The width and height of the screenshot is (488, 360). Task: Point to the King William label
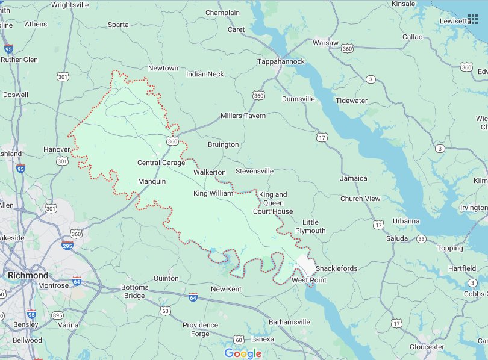tap(213, 193)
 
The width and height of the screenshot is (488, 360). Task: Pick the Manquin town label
tap(152, 181)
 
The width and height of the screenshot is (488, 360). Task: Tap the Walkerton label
tap(209, 172)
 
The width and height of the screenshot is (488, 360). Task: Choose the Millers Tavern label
tap(243, 116)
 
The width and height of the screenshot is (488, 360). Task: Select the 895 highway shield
tap(57, 315)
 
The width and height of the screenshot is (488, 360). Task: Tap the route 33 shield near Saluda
tap(422, 239)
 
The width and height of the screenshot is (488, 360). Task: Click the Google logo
tap(243, 353)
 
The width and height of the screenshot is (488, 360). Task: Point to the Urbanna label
tap(406, 221)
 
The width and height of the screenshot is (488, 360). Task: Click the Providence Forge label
tap(200, 329)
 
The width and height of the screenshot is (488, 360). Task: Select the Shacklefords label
tap(336, 268)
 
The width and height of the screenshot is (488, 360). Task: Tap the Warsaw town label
tap(326, 43)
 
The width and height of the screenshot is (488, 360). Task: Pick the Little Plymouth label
tap(310, 226)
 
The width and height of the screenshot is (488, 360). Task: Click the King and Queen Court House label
tap(273, 203)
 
